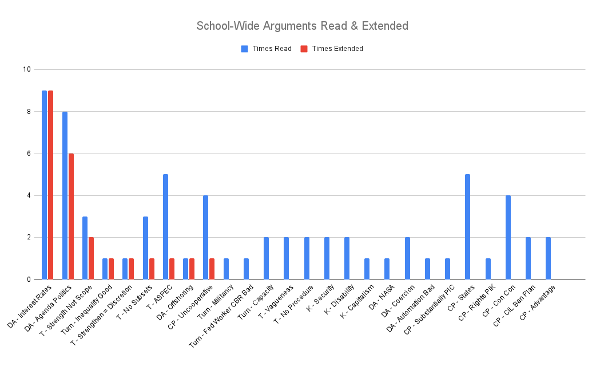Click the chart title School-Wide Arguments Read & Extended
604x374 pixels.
pos(302,26)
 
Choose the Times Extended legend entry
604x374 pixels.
pos(337,49)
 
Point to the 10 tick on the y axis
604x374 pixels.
pos(26,70)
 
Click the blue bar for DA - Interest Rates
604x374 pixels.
pos(45,185)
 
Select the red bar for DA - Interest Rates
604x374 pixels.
pos(51,185)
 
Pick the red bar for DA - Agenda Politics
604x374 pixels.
pos(71,216)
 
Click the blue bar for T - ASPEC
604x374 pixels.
pos(165,227)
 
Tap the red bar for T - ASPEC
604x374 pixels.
pos(172,269)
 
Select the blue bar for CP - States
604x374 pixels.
pos(467,227)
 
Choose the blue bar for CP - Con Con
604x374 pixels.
pos(508,237)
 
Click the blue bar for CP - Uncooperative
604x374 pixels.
pos(205,237)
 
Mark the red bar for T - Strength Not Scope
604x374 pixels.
pos(91,258)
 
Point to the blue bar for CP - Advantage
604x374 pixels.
pos(548,258)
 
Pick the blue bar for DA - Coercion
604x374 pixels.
pos(407,258)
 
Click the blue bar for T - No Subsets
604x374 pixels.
pos(145,248)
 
